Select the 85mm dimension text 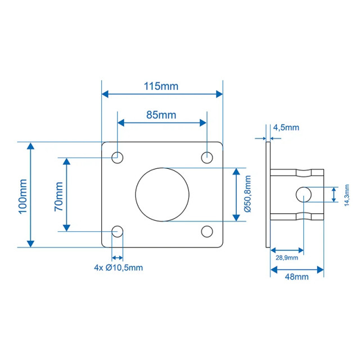pyautogui.click(x=161, y=115)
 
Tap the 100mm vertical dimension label pyautogui.click(x=22, y=195)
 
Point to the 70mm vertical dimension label pyautogui.click(x=58, y=195)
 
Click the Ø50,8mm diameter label pyautogui.click(x=247, y=194)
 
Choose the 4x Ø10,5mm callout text pyautogui.click(x=118, y=267)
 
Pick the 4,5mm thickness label pyautogui.click(x=286, y=128)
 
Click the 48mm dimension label pyautogui.click(x=296, y=277)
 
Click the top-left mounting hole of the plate pyautogui.click(x=118, y=157)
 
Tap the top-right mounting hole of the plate pyautogui.click(x=208, y=157)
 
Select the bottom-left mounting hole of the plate pyautogui.click(x=118, y=231)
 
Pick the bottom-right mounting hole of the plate pyautogui.click(x=208, y=231)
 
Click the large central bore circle pyautogui.click(x=163, y=194)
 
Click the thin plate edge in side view pyautogui.click(x=268, y=194)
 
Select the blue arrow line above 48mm pyautogui.click(x=297, y=269)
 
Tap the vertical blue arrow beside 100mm pyautogui.click(x=31, y=195)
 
